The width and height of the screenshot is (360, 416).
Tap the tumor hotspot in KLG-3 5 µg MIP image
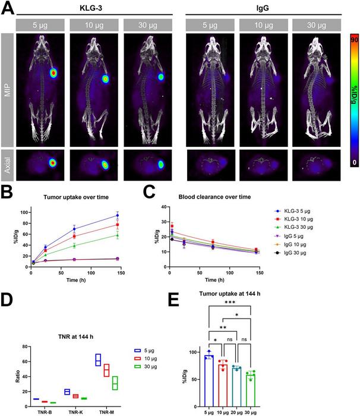[x=53, y=73]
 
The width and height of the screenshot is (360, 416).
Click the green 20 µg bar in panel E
[x=238, y=386]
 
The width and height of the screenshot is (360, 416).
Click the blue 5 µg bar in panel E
[x=209, y=380]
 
